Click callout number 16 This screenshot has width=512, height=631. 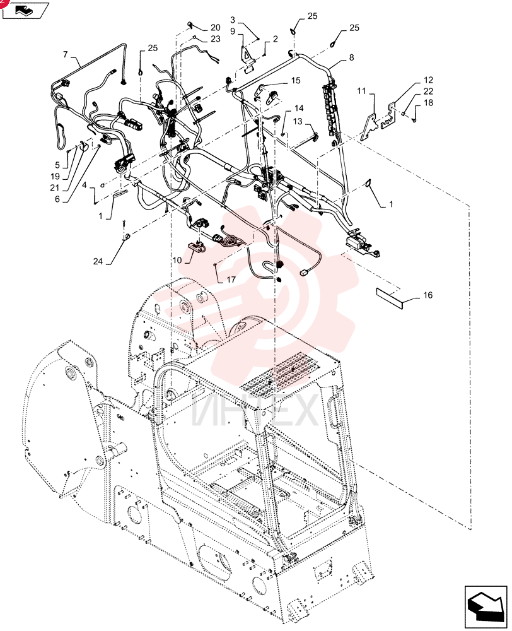click(x=428, y=295)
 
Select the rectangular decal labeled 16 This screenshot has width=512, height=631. click(x=390, y=298)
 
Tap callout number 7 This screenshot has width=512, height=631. click(x=66, y=54)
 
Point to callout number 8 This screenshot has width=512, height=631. click(x=351, y=57)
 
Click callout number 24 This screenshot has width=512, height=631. click(x=98, y=262)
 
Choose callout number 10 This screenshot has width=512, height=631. click(x=177, y=260)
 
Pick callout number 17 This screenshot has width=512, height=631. click(x=231, y=280)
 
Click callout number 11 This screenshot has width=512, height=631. click(x=361, y=91)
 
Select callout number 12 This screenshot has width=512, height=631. click(x=428, y=80)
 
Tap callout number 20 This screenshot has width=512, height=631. click(x=216, y=27)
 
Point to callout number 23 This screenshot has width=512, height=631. click(x=216, y=38)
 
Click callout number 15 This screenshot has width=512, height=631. click(x=296, y=81)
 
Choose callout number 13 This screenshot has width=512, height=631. click(x=297, y=121)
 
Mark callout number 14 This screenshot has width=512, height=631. click(x=299, y=108)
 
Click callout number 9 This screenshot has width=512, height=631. click(x=233, y=31)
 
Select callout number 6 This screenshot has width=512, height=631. click(x=57, y=199)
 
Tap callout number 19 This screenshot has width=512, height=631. click(x=55, y=176)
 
